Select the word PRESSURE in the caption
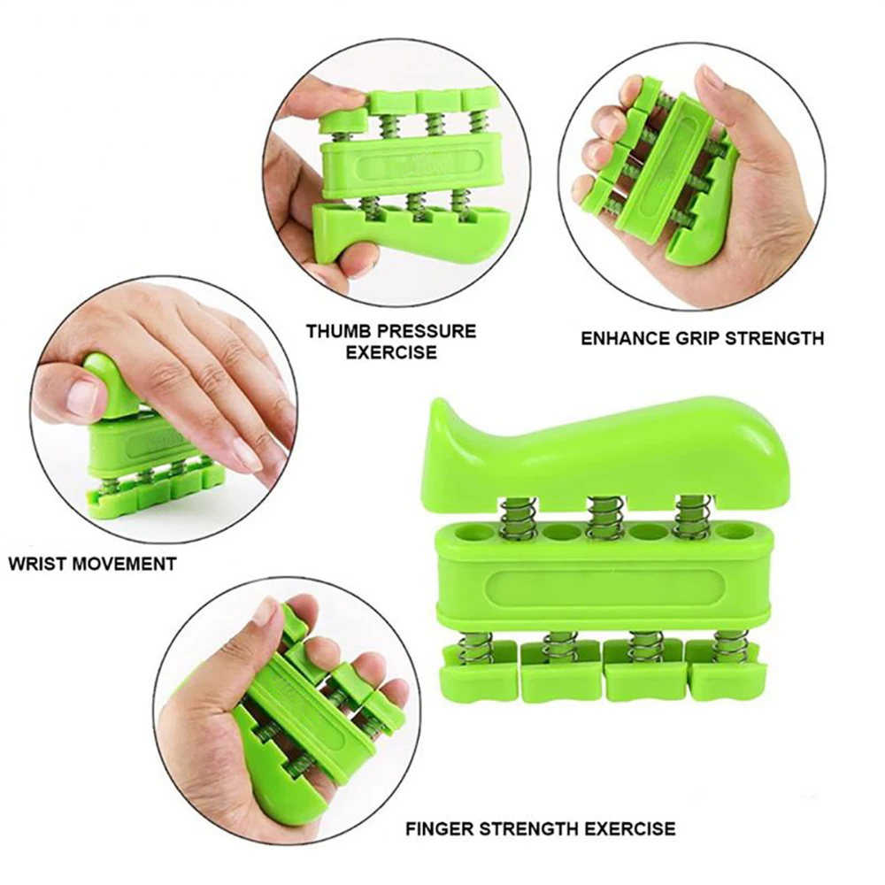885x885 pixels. tap(428, 331)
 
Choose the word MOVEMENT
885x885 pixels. tap(129, 564)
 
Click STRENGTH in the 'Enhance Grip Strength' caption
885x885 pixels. tap(779, 338)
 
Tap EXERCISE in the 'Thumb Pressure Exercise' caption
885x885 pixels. tap(390, 352)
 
